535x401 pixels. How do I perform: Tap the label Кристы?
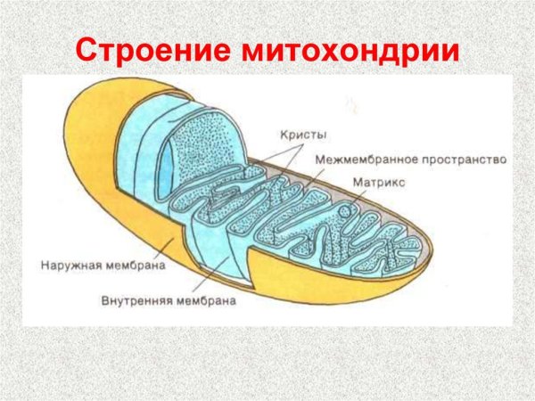pos(301,135)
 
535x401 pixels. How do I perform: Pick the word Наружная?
pos(69,265)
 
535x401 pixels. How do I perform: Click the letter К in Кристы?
pos(283,135)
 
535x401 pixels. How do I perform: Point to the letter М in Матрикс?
pos(358,181)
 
